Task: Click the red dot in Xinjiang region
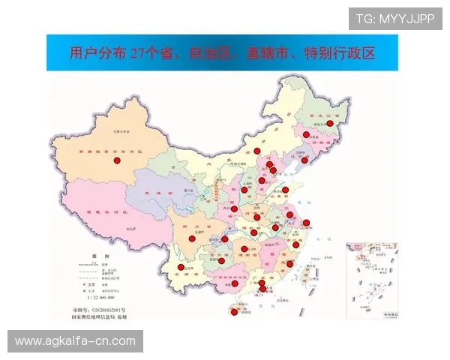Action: [x=116, y=160]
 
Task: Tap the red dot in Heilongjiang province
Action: [x=329, y=124]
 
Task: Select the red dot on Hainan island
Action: [x=235, y=312]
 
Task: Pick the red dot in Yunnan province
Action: [x=180, y=267]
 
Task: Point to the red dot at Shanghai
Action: [x=306, y=223]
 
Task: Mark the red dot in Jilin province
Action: [x=306, y=135]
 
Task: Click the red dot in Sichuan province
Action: [x=191, y=238]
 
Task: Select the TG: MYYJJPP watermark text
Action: [x=395, y=19]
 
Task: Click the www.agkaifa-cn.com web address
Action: [x=75, y=341]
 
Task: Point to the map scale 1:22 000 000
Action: [x=105, y=298]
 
